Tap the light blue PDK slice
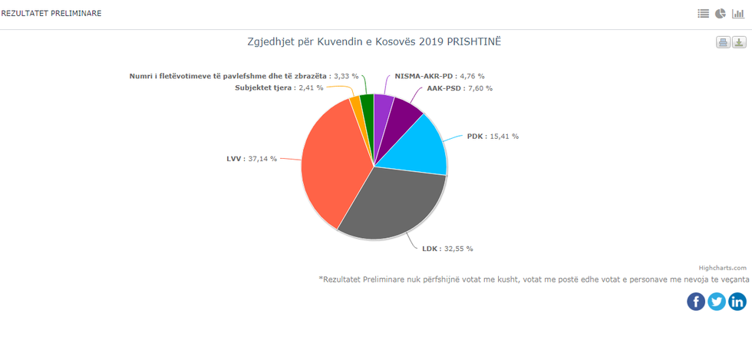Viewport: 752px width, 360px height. (418, 146)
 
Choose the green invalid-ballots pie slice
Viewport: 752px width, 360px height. (367, 106)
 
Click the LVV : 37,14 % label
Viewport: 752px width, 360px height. (251, 159)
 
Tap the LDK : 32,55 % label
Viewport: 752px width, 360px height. (447, 249)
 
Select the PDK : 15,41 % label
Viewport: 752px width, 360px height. (493, 136)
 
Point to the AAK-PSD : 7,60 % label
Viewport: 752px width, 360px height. (460, 88)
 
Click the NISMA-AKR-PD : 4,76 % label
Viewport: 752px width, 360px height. (440, 76)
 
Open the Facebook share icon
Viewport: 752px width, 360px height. (696, 302)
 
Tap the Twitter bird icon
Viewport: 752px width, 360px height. (717, 302)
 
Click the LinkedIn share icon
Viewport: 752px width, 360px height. (737, 302)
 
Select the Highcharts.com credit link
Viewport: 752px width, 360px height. (722, 268)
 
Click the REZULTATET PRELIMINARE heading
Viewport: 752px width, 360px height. (51, 14)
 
